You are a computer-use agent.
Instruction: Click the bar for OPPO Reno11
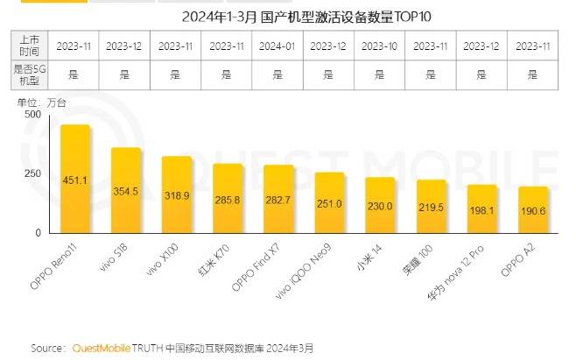[76, 180]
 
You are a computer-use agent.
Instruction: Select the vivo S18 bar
[126, 191]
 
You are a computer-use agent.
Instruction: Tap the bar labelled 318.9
[177, 195]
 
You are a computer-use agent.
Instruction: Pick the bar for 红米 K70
[228, 199]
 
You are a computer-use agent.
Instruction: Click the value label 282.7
[278, 201]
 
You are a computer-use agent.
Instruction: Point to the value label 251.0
[329, 203]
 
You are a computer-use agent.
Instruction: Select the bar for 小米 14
[380, 206]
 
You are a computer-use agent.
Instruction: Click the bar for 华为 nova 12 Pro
[481, 209]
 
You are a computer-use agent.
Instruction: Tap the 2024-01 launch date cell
[278, 44]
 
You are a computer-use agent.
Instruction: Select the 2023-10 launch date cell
[380, 44]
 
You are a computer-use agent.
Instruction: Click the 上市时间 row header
[27, 44]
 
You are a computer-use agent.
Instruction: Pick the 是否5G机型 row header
[27, 74]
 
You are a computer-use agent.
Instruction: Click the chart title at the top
[288, 16]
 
